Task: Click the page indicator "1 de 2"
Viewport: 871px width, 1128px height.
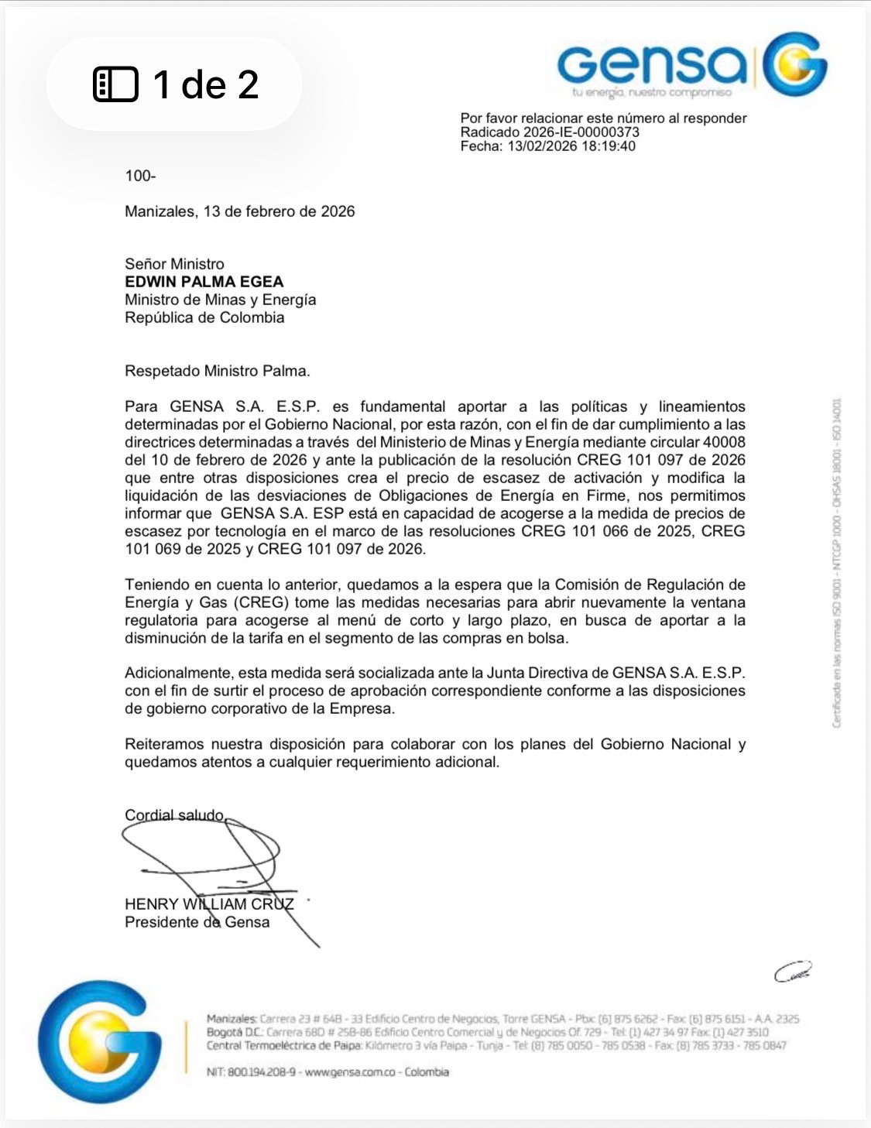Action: coord(177,84)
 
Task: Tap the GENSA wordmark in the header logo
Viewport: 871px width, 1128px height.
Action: coord(652,66)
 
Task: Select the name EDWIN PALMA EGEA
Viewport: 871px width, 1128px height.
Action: coord(204,282)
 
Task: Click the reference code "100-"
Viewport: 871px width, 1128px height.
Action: coord(140,176)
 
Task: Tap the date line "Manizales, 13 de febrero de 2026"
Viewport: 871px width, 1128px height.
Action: coord(240,211)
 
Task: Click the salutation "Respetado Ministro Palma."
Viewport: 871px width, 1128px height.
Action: coord(218,371)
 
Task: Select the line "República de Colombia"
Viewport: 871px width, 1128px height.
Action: coord(204,317)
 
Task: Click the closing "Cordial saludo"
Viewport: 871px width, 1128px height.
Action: coord(175,815)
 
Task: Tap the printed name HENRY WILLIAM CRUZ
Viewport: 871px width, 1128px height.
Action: coord(209,904)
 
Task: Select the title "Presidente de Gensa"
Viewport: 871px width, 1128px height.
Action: coord(197,922)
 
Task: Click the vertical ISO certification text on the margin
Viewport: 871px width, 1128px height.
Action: coord(837,563)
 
